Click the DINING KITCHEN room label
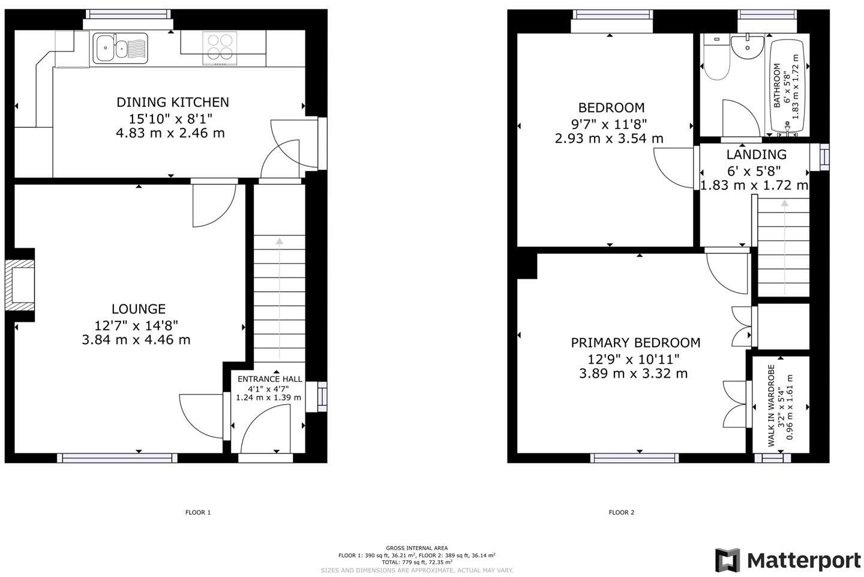172,102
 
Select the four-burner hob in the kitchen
219,47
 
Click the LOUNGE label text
139,309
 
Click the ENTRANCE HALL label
269,379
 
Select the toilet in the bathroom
715,63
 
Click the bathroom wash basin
748,47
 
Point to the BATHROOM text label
778,86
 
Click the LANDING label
756,154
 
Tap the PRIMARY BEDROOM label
635,343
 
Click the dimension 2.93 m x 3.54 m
610,139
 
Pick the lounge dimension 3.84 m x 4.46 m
136,340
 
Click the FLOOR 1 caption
198,512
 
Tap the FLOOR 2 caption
621,512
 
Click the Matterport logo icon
727,560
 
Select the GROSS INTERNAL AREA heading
416,548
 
